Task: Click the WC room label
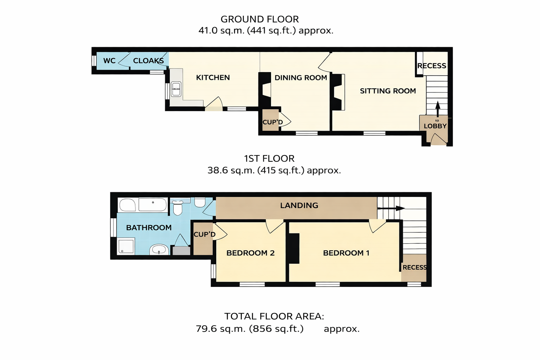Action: point(109,61)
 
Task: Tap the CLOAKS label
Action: point(148,61)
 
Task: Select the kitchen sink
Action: point(176,89)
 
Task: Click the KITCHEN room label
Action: point(213,77)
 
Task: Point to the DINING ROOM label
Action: point(301,78)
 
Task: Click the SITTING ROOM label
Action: point(388,91)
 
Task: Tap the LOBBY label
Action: point(435,126)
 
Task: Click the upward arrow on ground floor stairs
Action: point(438,109)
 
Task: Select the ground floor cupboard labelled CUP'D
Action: point(270,120)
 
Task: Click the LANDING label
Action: point(299,205)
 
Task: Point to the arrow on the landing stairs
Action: point(391,208)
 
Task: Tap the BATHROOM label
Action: point(149,227)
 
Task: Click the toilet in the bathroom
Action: point(178,208)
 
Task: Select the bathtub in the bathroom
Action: point(143,205)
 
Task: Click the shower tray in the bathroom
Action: point(126,246)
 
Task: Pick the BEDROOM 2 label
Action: point(250,253)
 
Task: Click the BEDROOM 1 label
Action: point(346,253)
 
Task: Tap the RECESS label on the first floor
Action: point(414,268)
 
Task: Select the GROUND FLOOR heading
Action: point(260,19)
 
